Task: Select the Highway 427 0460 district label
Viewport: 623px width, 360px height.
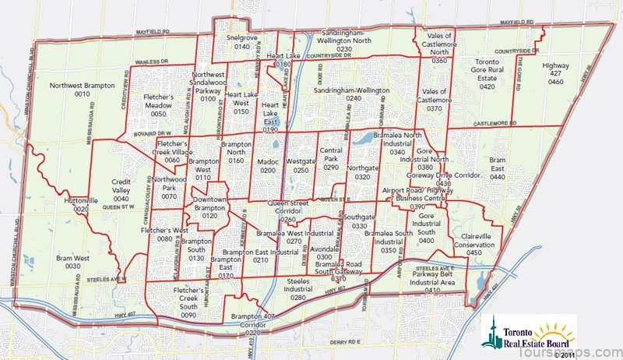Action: tap(555, 72)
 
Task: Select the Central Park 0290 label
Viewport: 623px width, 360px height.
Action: tap(332, 158)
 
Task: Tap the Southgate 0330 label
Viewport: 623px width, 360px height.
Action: tap(360, 221)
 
